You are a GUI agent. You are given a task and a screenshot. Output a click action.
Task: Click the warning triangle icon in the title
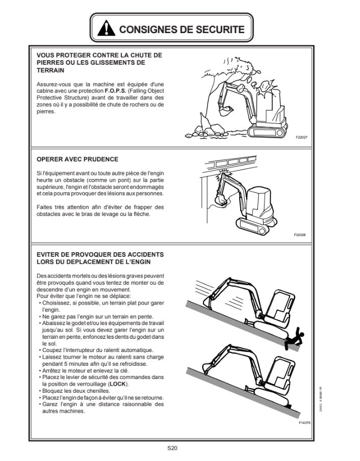pos(106,30)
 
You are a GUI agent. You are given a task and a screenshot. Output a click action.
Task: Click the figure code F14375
pos(304,422)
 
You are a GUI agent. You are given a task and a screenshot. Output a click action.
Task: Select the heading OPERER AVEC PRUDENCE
pos(78,159)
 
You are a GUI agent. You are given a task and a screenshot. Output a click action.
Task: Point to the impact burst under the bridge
pos(222,177)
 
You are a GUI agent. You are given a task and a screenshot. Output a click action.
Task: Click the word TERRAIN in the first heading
pos(50,70)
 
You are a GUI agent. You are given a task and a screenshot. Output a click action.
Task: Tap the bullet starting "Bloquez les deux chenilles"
pos(74,391)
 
